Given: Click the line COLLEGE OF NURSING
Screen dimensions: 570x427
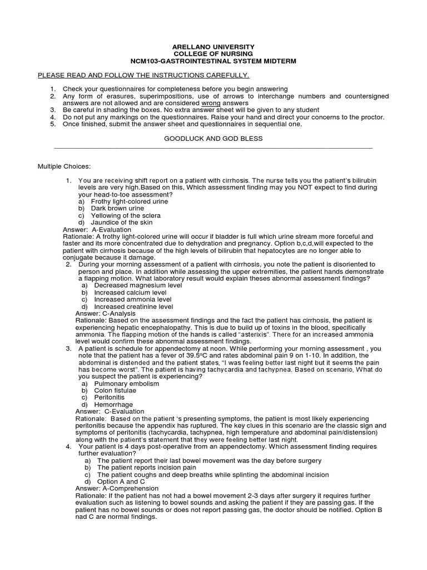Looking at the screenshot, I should click(213, 53).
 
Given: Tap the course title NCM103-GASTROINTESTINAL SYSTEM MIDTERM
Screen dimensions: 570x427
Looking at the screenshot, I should click(213, 61).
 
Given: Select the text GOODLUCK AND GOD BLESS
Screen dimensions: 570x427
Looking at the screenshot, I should click(213, 138).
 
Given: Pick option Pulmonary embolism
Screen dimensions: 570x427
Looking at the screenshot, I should click(126, 384).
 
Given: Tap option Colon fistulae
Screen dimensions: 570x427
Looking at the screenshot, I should click(115, 390).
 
